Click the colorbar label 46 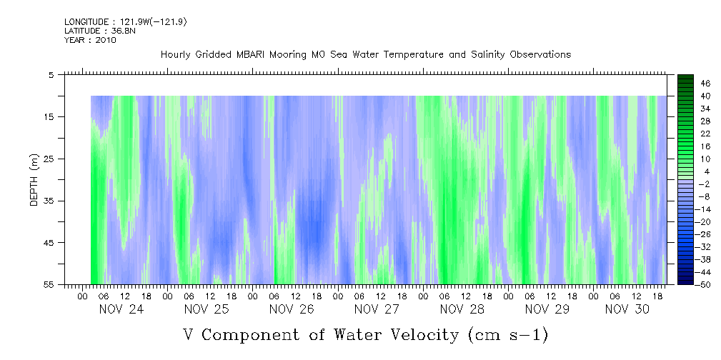click(x=686, y=83)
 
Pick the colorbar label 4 click(x=688, y=171)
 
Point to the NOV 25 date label click(x=206, y=309)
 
